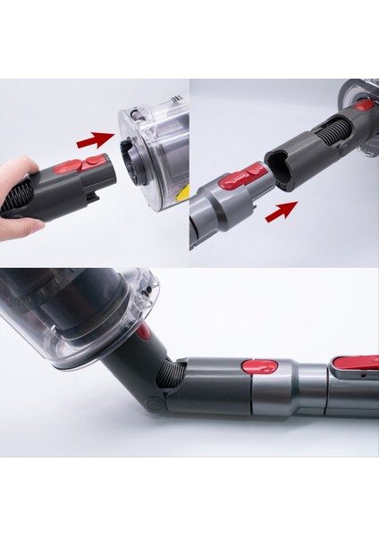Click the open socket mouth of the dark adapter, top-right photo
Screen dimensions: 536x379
pyautogui.click(x=274, y=169)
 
